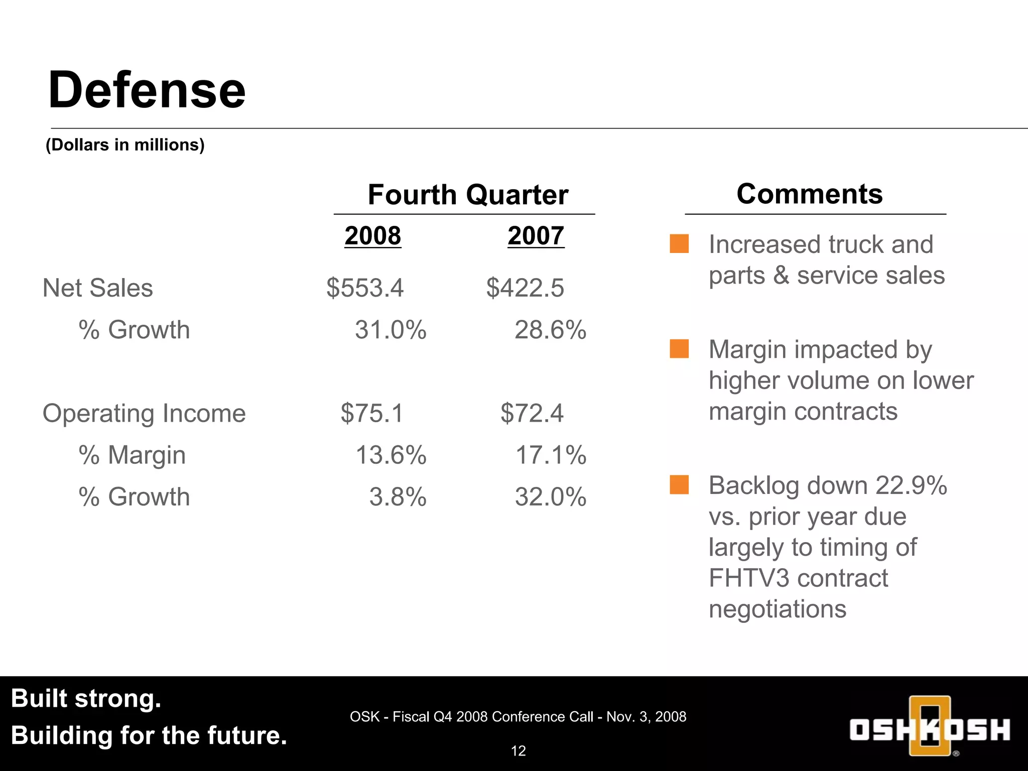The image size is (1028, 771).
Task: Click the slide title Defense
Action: pos(147,90)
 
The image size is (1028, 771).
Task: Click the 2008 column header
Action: pos(372,235)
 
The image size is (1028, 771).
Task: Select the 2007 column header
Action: pos(536,235)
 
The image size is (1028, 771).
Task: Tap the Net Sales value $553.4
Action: pos(365,288)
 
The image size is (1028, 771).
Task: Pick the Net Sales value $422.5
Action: pos(525,288)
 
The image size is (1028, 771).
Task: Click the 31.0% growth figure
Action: pos(391,330)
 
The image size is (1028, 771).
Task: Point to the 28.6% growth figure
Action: pos(550,330)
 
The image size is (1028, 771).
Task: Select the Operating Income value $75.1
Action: pos(372,414)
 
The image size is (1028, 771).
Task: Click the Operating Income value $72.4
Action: pos(532,414)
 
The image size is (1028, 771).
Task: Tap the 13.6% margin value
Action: pos(391,455)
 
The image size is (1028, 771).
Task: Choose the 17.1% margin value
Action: pos(551,455)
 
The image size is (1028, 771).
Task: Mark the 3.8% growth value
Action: pos(398,497)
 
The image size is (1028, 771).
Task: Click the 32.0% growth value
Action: pos(550,497)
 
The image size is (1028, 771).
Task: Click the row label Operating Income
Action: pos(144,414)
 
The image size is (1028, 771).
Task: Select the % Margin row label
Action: pos(132,455)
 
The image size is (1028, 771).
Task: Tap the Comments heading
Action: pos(809,194)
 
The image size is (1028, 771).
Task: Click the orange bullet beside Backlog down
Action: pos(679,485)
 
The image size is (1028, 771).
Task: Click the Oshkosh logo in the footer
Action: pos(930,727)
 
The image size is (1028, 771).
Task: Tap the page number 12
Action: pos(518,751)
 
